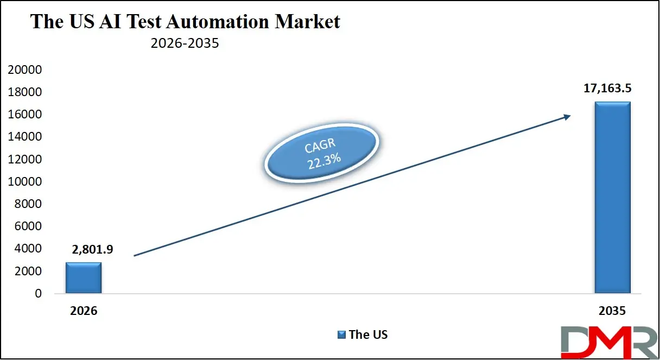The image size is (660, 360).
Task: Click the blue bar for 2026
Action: pyautogui.click(x=84, y=278)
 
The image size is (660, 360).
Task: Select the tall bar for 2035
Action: pyautogui.click(x=613, y=198)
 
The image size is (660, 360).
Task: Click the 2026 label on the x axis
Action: pyautogui.click(x=83, y=311)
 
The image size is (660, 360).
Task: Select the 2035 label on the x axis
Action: pyautogui.click(x=613, y=311)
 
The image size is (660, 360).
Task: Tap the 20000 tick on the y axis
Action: pyautogui.click(x=24, y=70)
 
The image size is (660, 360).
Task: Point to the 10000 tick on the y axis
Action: pyautogui.click(x=24, y=182)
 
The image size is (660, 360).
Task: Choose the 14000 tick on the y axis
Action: pyautogui.click(x=24, y=137)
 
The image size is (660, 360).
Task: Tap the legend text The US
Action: pyautogui.click(x=368, y=334)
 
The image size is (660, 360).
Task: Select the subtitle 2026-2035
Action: pyautogui.click(x=185, y=43)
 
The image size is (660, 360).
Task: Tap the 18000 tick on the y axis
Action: pyautogui.click(x=24, y=92)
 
